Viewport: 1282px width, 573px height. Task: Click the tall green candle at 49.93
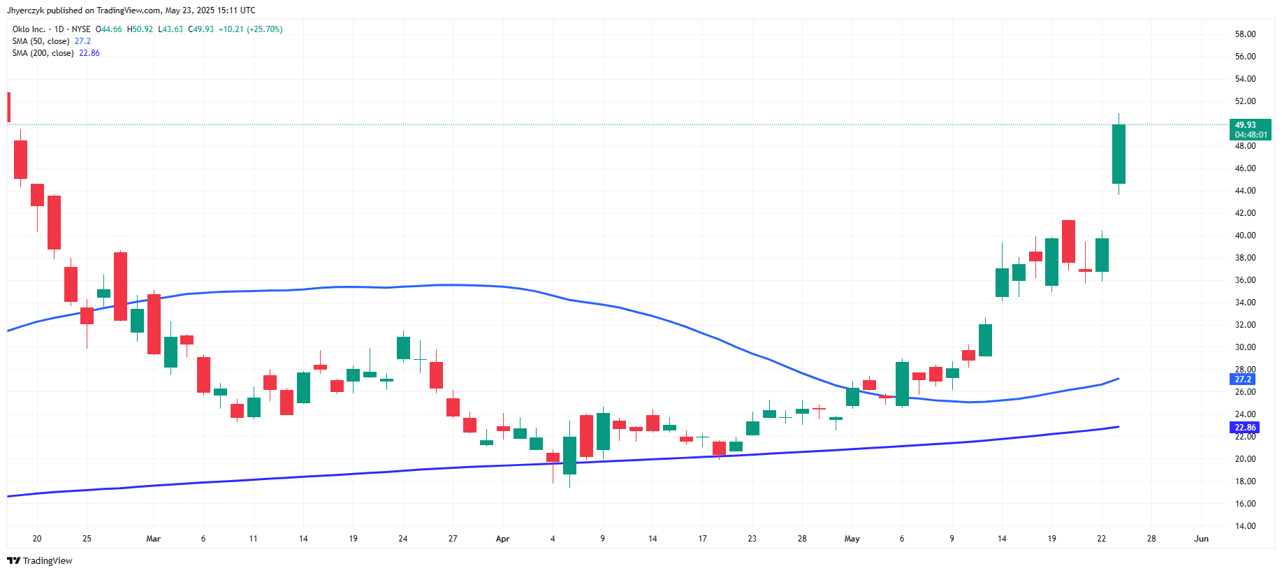[x=1119, y=154]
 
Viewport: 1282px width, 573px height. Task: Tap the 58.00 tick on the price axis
[x=1245, y=34]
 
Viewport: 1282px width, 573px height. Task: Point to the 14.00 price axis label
[x=1245, y=526]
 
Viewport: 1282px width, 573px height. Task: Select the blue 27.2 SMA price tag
[x=1243, y=379]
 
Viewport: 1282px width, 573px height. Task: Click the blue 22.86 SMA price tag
[x=1244, y=428]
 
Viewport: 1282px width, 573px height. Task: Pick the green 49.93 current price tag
[x=1249, y=129]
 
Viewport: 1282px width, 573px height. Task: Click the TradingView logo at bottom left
[x=40, y=560]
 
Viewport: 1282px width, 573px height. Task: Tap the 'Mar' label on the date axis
[x=153, y=539]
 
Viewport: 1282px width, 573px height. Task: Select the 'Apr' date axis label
[x=502, y=539]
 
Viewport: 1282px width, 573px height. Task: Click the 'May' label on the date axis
[x=852, y=539]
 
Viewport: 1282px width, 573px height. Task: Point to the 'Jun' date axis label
[x=1201, y=539]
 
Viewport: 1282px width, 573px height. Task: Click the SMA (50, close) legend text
[x=41, y=41]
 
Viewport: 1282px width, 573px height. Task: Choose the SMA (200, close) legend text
[x=43, y=53]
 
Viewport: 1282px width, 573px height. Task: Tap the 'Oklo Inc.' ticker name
[x=29, y=29]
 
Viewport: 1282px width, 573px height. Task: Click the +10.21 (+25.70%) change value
[x=250, y=29]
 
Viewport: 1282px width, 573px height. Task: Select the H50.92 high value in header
[x=140, y=29]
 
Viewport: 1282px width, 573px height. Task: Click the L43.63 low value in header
[x=170, y=29]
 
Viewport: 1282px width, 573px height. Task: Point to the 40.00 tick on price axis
[x=1245, y=235]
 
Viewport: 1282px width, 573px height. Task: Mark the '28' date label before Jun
[x=1151, y=539]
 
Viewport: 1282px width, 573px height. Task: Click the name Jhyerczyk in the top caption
[x=25, y=10]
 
